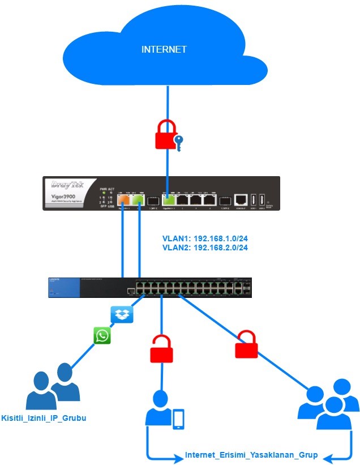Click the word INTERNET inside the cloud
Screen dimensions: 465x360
(x=164, y=50)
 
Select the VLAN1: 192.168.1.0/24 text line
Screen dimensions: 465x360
(x=205, y=238)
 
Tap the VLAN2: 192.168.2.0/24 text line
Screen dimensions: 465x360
(x=205, y=248)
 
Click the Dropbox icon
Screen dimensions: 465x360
(x=122, y=314)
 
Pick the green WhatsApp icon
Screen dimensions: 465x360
(x=102, y=336)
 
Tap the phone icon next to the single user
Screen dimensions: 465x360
(x=178, y=419)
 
